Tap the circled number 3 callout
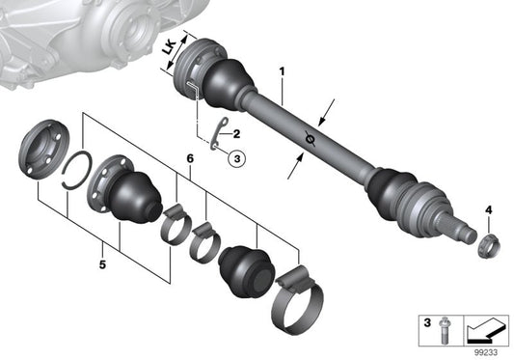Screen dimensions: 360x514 (238, 160)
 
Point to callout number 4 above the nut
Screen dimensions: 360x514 (488, 209)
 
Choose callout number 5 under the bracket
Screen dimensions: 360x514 (104, 260)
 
